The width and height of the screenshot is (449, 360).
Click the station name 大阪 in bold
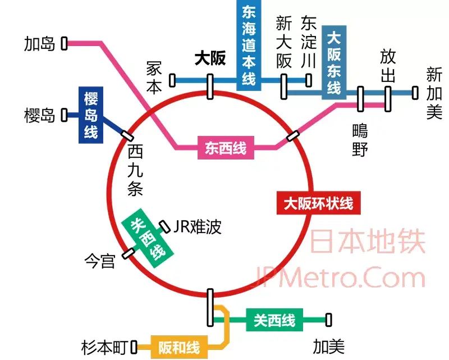point(210,59)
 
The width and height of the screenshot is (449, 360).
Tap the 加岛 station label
point(39,43)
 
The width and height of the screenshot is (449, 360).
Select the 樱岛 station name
point(39,116)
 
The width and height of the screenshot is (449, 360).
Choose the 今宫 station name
point(99,261)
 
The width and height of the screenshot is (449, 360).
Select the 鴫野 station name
point(360,140)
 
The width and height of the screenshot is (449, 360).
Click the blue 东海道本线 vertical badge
point(249,45)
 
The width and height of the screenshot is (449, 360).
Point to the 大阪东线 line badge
point(334,62)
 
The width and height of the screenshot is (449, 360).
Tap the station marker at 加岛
point(64,43)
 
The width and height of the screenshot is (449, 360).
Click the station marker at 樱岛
point(64,115)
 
